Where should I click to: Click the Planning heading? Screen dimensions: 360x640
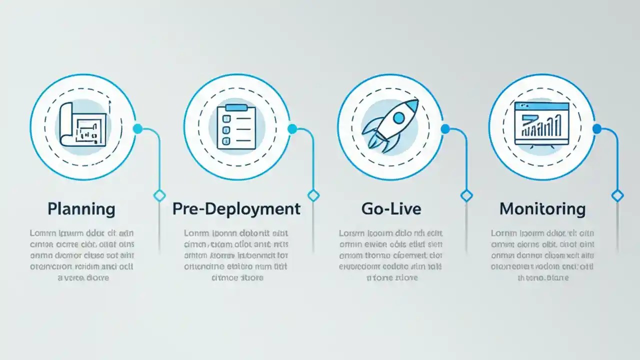tap(81, 208)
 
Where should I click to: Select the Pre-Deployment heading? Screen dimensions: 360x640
tap(236, 208)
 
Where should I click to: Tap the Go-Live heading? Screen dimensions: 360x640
tap(391, 208)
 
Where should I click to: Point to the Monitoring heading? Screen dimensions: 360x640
tap(542, 208)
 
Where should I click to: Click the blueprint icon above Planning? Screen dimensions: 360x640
tap(83, 125)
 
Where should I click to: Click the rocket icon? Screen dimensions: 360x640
tap(390, 124)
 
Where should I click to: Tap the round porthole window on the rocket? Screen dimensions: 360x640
tap(398, 118)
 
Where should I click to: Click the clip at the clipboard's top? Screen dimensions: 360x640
tap(236, 107)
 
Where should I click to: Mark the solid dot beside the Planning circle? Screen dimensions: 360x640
tap(137, 129)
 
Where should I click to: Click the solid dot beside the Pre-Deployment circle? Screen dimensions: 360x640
tap(292, 129)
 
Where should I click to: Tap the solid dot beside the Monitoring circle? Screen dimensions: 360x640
tap(597, 129)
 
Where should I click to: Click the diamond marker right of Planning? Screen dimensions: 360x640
tap(159, 195)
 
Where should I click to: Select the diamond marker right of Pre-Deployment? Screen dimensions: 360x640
tap(313, 195)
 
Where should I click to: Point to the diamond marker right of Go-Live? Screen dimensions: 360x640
tap(466, 195)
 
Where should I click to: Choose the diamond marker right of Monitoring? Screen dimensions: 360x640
tap(617, 195)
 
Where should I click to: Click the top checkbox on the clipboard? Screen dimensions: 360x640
tap(225, 118)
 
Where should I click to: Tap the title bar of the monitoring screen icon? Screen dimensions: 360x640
tap(541, 106)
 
